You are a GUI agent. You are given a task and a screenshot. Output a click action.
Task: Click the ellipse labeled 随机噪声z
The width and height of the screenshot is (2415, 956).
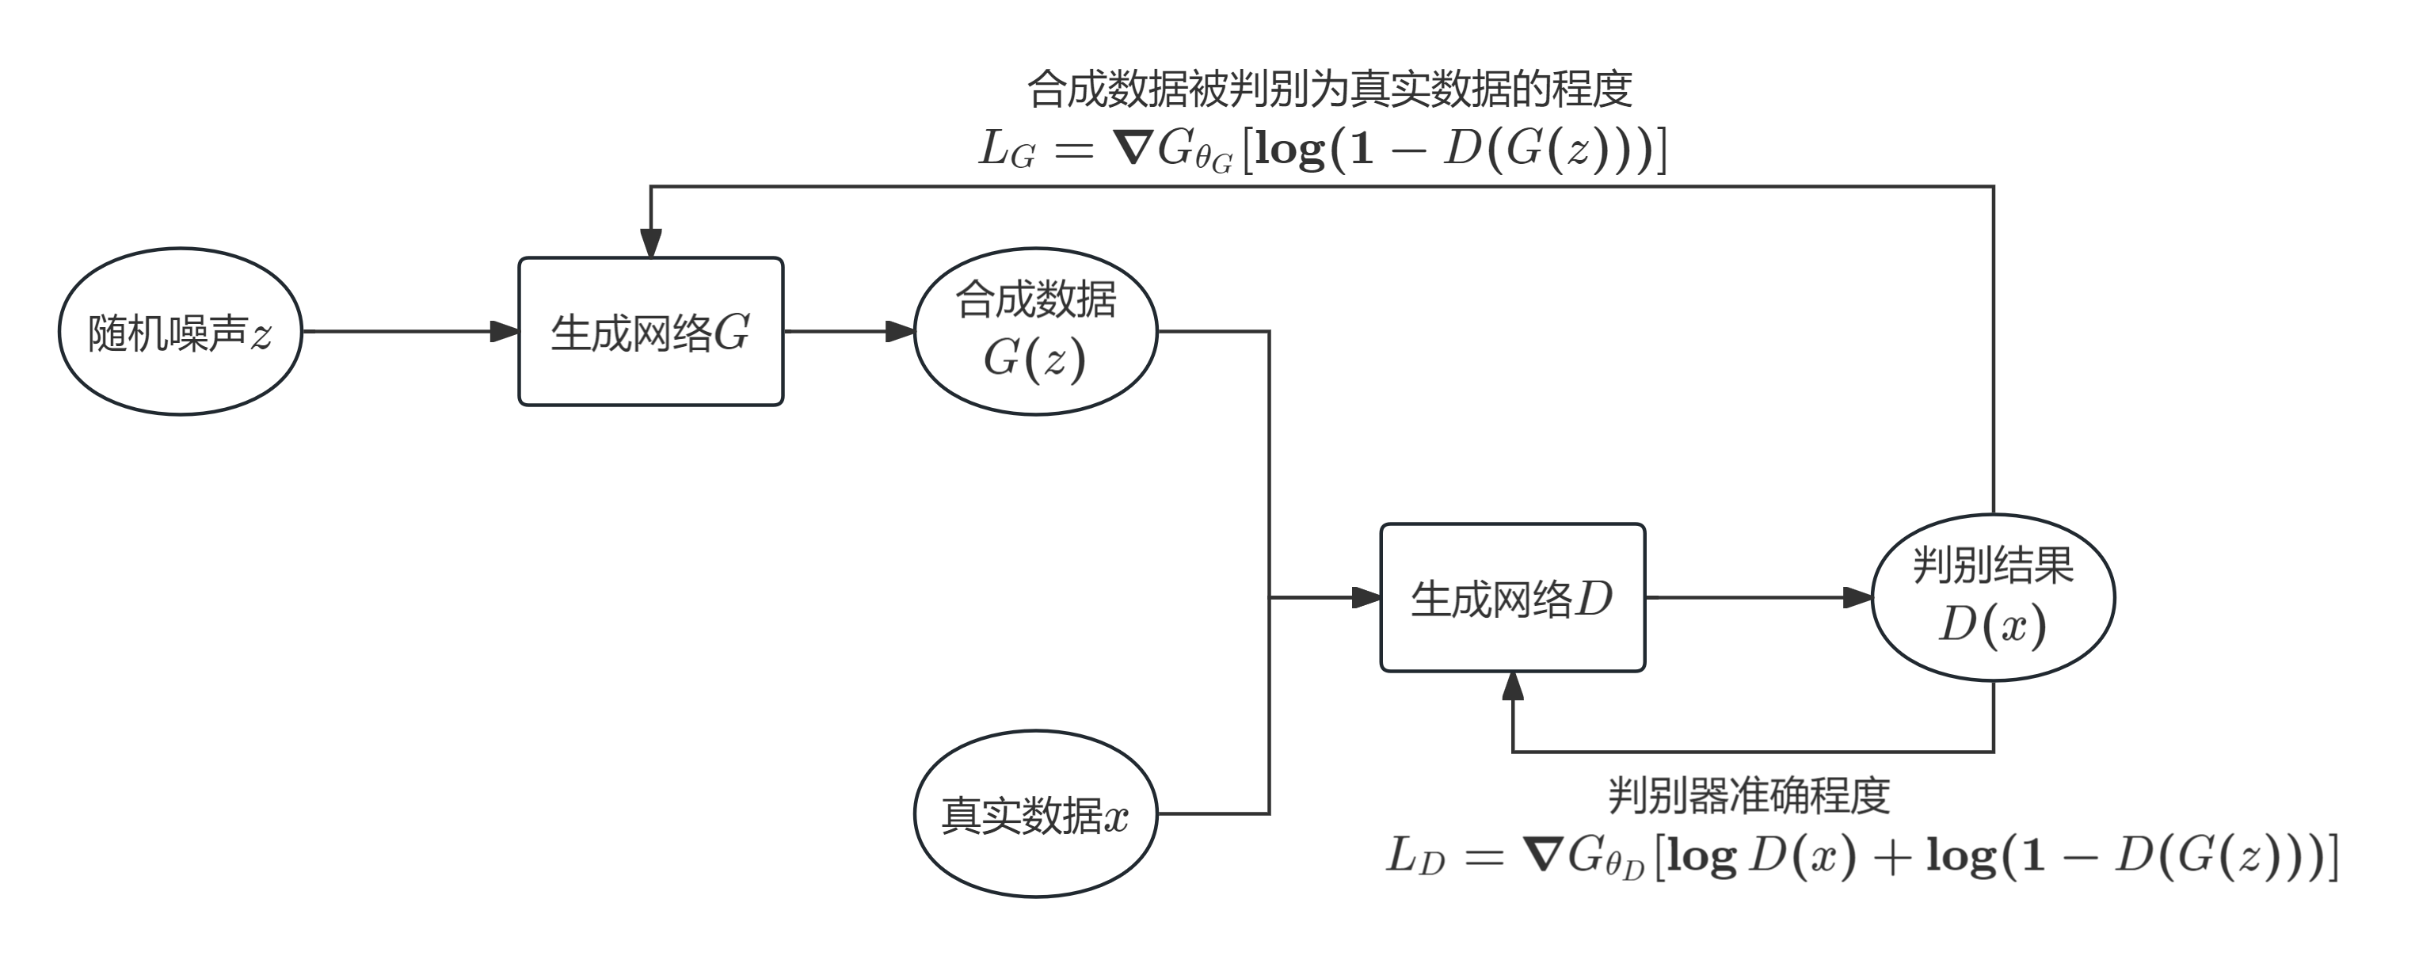tap(180, 331)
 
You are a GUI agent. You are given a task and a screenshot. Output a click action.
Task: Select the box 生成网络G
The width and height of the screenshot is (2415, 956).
tap(650, 331)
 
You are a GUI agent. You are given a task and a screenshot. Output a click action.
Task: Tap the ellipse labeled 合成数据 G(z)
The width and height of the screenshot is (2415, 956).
tap(1035, 331)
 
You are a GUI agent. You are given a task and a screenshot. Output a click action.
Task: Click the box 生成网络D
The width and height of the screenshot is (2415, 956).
tap(1512, 597)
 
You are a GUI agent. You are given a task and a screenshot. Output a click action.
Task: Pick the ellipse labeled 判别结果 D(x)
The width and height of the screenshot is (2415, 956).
tap(1992, 597)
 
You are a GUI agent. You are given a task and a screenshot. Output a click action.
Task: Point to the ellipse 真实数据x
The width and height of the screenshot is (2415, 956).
tap(1035, 813)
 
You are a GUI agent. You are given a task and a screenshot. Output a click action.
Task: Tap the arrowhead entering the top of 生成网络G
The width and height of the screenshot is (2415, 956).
tap(650, 244)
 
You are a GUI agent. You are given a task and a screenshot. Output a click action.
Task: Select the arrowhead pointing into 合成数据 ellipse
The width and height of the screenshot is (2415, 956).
tap(901, 331)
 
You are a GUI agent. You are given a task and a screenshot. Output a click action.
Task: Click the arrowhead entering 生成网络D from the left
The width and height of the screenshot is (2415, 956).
tap(1367, 597)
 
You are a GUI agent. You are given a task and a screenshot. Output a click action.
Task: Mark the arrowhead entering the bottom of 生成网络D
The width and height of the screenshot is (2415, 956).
tap(1512, 686)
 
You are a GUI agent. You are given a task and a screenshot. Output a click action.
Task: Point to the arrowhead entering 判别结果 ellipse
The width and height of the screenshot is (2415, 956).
tap(1858, 597)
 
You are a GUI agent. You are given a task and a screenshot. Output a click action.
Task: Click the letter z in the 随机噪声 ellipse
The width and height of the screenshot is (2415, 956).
tap(261, 336)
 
